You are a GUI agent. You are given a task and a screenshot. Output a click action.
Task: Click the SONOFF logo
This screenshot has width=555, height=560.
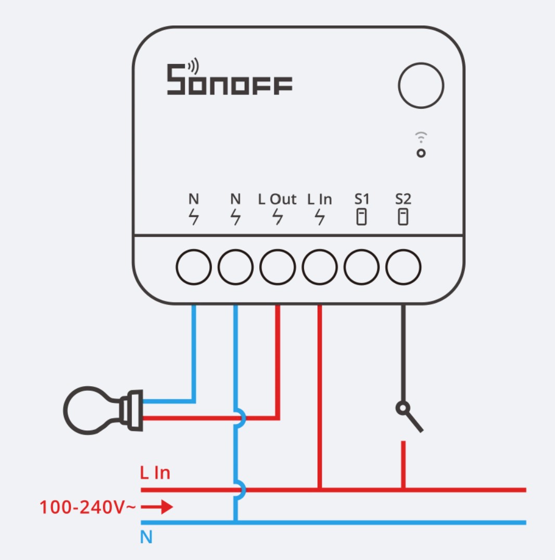(x=229, y=80)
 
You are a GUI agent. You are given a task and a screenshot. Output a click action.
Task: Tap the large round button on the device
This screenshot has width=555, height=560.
(x=421, y=85)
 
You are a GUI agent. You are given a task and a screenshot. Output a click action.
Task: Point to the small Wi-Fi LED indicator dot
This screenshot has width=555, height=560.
(x=421, y=153)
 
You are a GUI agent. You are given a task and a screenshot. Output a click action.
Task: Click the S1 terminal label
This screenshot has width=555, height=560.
(x=361, y=199)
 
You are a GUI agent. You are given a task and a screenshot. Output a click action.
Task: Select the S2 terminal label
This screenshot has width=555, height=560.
(x=403, y=199)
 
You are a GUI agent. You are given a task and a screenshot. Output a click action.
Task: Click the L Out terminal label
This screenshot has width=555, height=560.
(x=277, y=199)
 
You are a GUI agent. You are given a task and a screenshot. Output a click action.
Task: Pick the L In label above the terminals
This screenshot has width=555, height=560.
(x=319, y=199)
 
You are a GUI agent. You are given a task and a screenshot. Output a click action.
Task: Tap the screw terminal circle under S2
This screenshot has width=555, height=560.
(x=403, y=268)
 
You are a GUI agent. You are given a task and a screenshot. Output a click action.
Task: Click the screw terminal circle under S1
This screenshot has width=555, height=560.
(x=361, y=268)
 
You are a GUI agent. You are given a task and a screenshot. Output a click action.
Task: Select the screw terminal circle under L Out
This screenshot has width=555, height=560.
(x=277, y=268)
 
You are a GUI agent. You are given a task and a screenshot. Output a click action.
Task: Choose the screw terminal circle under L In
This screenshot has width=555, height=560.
(x=319, y=268)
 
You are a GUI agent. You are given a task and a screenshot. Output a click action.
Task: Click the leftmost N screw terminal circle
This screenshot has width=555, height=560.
(x=194, y=268)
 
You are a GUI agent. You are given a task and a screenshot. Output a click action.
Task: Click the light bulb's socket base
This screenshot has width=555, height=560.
(x=131, y=410)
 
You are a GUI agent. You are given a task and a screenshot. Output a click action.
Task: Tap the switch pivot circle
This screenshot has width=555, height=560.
(x=402, y=409)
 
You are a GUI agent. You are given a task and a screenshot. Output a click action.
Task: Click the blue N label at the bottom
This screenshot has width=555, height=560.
(x=146, y=537)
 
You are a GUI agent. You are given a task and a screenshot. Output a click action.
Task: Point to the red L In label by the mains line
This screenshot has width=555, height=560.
(x=155, y=473)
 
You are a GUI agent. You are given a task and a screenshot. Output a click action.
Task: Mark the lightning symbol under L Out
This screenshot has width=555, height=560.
(x=278, y=217)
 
